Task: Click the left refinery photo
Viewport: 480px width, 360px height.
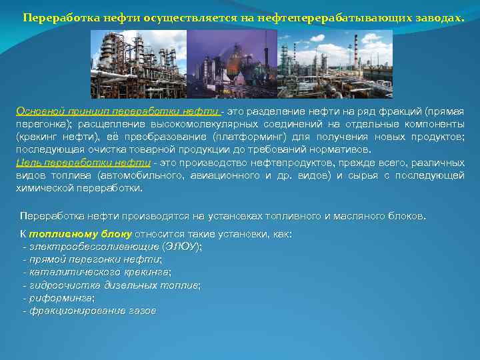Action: pyautogui.click(x=138, y=65)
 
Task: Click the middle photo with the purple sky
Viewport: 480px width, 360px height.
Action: pyautogui.click(x=231, y=65)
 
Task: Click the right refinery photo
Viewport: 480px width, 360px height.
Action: pyautogui.click(x=334, y=65)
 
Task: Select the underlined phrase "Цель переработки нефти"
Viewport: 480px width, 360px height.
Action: pyautogui.click(x=83, y=163)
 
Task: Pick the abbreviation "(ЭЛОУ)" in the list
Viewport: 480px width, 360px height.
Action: pyautogui.click(x=181, y=247)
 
